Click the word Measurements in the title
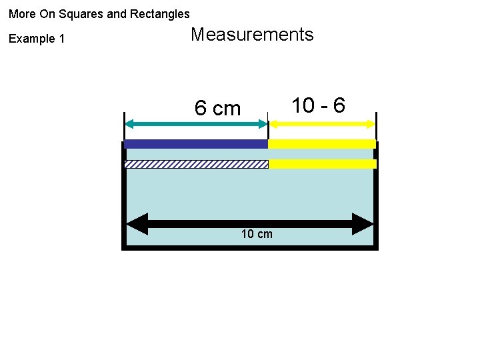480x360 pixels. (x=252, y=35)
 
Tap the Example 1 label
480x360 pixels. (x=37, y=39)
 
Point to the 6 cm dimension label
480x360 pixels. (x=217, y=108)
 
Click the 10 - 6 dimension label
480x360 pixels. (x=319, y=105)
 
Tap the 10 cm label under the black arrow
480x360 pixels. (x=257, y=234)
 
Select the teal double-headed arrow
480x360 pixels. (x=196, y=123)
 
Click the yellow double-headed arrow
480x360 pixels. (x=322, y=123)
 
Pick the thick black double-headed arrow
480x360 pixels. (x=250, y=224)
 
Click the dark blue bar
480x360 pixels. (x=196, y=143)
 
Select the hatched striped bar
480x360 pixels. (x=196, y=164)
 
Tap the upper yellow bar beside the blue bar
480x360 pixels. (x=322, y=143)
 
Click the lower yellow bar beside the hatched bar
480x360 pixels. (x=322, y=164)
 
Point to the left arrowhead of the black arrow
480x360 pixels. (x=137, y=224)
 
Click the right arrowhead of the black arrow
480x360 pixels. (x=364, y=224)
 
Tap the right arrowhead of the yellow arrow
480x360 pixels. (x=371, y=123)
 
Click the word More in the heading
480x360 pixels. (x=22, y=13)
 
